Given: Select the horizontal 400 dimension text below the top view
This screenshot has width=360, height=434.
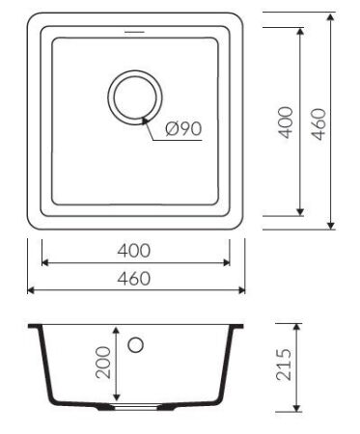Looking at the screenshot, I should [x=135, y=250].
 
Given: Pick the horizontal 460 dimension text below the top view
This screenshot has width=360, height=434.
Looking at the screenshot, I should [x=135, y=279].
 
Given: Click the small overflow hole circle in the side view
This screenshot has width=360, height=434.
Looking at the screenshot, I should [x=136, y=344].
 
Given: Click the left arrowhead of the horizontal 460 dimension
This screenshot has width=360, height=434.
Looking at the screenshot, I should [x=31, y=289].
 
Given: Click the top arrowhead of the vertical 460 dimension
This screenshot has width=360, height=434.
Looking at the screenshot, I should [x=332, y=18].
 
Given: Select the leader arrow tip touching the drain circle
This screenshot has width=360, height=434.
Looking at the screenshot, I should [x=144, y=118].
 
